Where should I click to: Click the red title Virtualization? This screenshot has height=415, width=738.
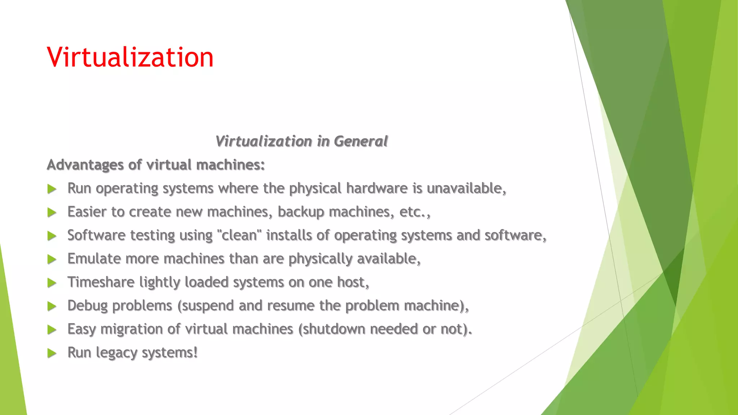(130, 57)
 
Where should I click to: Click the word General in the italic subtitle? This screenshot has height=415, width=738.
(360, 141)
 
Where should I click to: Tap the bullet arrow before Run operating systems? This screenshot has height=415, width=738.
(52, 189)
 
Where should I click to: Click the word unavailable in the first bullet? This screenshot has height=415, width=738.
(466, 188)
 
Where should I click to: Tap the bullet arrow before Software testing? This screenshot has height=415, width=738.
(52, 236)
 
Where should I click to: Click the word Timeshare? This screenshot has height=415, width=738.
(101, 282)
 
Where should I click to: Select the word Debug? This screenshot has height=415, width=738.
(88, 305)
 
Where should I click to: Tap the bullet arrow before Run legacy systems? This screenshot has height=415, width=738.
(52, 353)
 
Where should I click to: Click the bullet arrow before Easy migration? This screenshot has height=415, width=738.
(52, 330)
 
